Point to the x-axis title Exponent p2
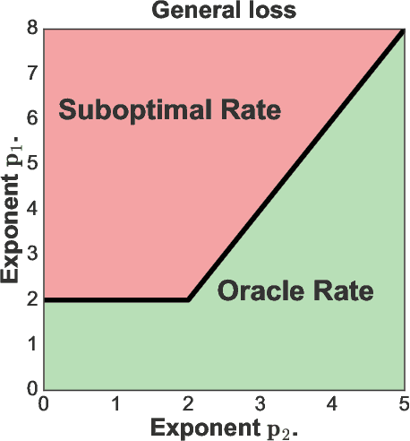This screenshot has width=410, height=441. [223, 427]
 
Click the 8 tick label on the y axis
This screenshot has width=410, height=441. [30, 29]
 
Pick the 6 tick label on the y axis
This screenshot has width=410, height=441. [30, 118]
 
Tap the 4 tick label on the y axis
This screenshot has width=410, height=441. [30, 209]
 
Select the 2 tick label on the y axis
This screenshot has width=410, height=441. [30, 299]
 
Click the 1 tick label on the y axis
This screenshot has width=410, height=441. [30, 344]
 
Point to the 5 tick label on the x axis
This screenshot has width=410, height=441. [403, 404]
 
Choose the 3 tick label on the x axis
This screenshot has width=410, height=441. [260, 404]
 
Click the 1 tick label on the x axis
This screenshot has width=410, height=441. [115, 404]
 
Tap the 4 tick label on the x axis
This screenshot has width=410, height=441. [331, 404]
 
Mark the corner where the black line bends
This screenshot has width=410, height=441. [188, 299]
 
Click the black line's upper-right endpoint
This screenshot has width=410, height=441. [402, 31]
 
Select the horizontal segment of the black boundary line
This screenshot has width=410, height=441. [116, 299]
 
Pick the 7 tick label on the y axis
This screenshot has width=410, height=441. [30, 73]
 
